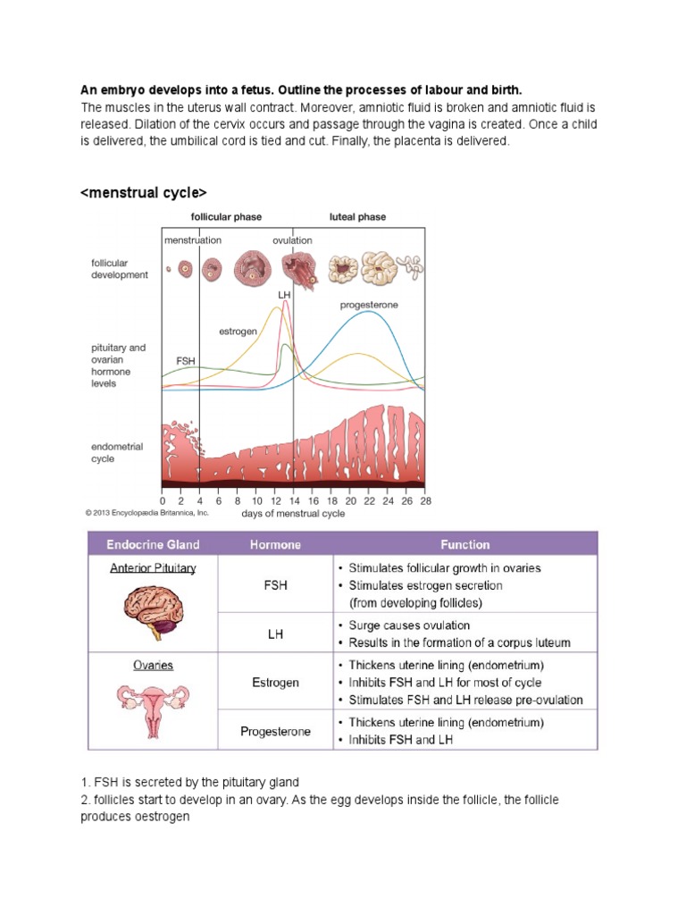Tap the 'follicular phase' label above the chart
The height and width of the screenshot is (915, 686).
point(226,217)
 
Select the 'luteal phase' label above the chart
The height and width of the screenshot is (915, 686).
point(357,217)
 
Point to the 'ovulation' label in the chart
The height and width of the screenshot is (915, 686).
point(292,240)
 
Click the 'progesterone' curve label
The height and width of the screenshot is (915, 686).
point(369,305)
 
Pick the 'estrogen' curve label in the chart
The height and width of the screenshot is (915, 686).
point(238,332)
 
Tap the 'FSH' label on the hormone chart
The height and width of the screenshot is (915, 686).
point(185,360)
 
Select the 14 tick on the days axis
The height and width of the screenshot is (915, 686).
point(293,500)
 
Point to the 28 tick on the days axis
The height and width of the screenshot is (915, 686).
point(424,500)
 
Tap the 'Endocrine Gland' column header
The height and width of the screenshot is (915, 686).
point(153,544)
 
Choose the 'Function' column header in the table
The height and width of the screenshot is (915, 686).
point(464,544)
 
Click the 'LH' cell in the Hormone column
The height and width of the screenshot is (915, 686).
point(275,634)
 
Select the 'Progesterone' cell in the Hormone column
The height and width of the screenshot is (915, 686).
point(275,731)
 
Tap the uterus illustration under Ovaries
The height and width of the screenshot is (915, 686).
point(153,708)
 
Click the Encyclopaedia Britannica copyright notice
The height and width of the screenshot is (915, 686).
point(146,513)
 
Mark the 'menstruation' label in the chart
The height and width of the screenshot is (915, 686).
point(192,240)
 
